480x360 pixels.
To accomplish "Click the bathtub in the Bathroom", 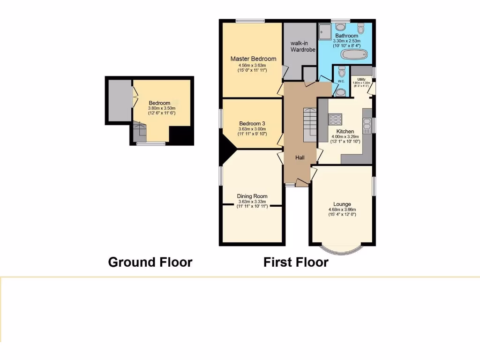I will pos(353,56).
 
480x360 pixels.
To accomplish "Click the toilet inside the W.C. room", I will pos(341,72).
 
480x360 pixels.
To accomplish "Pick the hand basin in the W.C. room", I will pos(341,92).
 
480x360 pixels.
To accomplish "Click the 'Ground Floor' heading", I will pos(150,262).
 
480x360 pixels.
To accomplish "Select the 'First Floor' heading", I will pos(296,262).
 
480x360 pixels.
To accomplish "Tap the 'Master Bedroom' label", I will pos(253,59).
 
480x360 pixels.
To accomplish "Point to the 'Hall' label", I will pos(300,157).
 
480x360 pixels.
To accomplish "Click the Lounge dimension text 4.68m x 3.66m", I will pos(342,210).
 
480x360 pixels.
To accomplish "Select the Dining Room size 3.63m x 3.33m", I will pos(252,202).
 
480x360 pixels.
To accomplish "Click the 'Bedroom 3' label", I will pos(252,124).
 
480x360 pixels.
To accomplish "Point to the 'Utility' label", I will pos(361,80).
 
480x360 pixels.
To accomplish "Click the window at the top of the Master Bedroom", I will pos(249,21).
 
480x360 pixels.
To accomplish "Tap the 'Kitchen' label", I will pos(345,132).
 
